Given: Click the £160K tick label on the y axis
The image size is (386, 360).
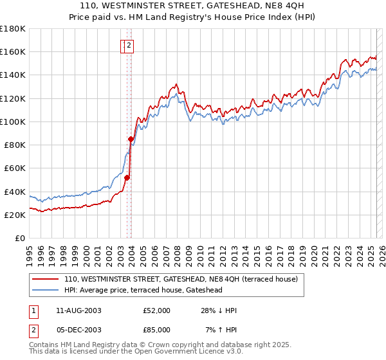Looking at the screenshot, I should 13,51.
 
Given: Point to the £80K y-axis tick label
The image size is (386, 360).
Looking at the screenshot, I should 15,145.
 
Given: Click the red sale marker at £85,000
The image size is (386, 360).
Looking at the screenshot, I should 131,139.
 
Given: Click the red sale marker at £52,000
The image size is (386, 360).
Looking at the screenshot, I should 127,177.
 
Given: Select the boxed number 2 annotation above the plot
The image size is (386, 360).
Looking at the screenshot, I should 129,45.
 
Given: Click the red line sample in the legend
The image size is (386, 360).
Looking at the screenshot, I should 46,280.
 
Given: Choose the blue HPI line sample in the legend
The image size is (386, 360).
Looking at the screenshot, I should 46,290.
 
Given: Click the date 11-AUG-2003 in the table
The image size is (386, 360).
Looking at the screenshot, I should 78,310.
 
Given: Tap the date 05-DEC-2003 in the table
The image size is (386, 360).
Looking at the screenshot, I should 78,330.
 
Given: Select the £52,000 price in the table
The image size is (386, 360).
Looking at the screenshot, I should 156,310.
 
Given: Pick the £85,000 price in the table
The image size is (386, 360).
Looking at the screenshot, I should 156,330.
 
